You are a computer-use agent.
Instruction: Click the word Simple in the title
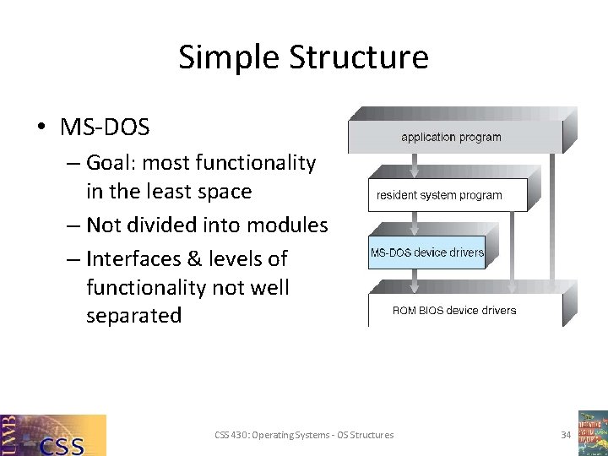tap(229, 57)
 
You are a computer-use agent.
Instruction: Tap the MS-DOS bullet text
tap(105, 128)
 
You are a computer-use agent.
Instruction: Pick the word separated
tap(133, 316)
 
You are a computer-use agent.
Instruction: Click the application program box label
tap(451, 137)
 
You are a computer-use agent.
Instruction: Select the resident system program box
tap(439, 195)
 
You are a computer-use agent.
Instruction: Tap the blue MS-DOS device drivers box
tap(426, 252)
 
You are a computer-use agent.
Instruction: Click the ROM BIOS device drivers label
tap(454, 310)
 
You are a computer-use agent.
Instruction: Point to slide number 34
tap(566, 435)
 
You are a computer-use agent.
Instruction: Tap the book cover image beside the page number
tap(593, 433)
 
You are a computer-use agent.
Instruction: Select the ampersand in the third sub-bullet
tap(198, 258)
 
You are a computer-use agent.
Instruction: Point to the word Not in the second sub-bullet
tap(105, 225)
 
